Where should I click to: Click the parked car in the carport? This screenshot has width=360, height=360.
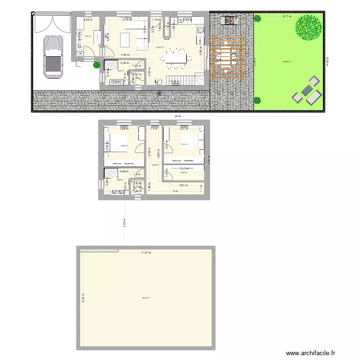pyautogui.click(x=52, y=57)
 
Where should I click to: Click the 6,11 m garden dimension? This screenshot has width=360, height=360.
pyautogui.click(x=287, y=16)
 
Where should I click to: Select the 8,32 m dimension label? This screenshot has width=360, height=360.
pyautogui.click(x=83, y=298)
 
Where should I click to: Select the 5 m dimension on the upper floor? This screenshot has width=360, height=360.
pyautogui.click(x=176, y=191)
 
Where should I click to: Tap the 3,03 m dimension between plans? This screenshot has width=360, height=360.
pyautogui.click(x=124, y=223)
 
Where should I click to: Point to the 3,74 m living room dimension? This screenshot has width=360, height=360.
pyautogui.click(x=126, y=20)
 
